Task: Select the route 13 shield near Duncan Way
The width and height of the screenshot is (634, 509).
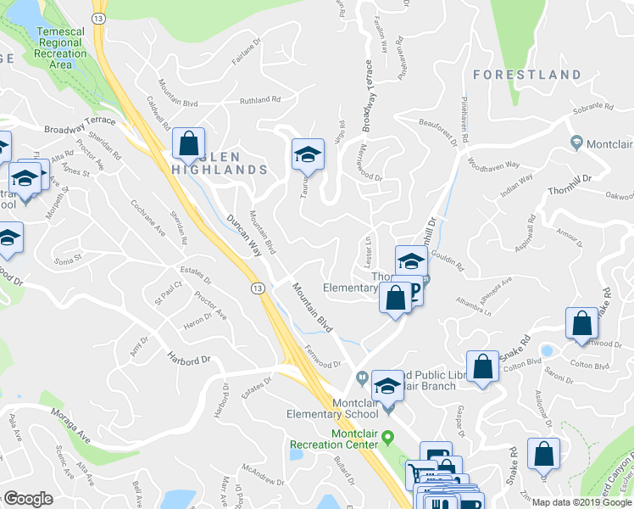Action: [259, 288]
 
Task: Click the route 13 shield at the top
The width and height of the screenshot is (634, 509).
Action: [98, 18]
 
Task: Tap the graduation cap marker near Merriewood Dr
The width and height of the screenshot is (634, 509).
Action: [308, 155]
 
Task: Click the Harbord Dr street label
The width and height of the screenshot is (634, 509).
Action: [187, 359]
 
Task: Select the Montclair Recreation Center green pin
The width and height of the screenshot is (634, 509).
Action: [389, 438]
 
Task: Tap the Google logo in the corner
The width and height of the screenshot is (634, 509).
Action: [28, 499]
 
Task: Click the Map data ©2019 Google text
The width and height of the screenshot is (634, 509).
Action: [581, 502]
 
